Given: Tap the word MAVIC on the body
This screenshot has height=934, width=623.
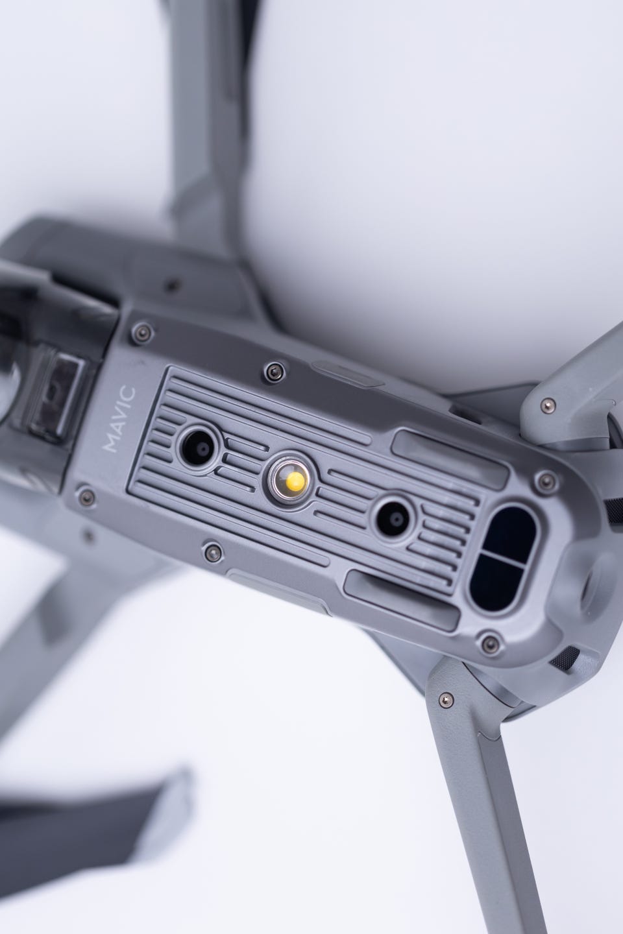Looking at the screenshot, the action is tap(119, 420).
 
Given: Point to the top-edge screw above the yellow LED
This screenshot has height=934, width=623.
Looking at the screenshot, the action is tap(273, 370).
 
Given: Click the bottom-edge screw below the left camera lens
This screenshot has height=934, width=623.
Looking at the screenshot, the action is tap(212, 551).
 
